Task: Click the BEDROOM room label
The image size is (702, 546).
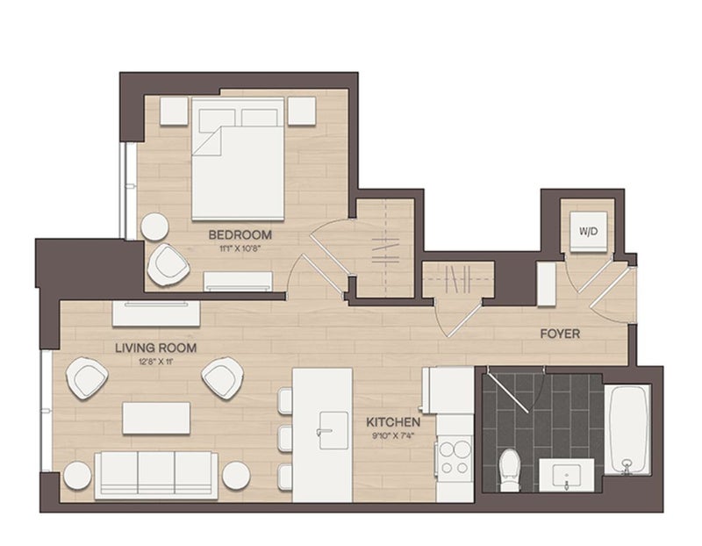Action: point(240,234)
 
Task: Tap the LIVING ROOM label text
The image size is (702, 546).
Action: point(156,348)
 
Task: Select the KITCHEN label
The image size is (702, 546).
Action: point(393,422)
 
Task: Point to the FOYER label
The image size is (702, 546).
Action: point(560,334)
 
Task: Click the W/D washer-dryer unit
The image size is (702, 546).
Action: point(588,232)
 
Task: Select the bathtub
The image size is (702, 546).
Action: point(627,429)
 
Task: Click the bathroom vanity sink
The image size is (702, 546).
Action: point(566,475)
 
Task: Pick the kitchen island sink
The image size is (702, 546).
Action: point(333,430)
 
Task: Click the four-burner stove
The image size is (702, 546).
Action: point(455,456)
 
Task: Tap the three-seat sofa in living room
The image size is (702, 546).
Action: point(156,475)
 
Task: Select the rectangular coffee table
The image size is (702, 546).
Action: point(156,418)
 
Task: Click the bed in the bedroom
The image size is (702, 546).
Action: point(238,159)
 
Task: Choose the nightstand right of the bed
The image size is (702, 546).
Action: point(302,111)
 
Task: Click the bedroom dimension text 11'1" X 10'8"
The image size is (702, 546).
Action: point(240,248)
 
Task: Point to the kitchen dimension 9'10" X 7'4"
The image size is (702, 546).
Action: point(393,435)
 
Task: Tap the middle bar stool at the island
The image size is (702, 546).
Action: point(284,438)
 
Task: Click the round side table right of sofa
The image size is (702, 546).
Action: point(236,475)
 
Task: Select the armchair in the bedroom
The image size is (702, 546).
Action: point(168,265)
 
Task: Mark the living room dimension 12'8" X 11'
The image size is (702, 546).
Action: point(156,361)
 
